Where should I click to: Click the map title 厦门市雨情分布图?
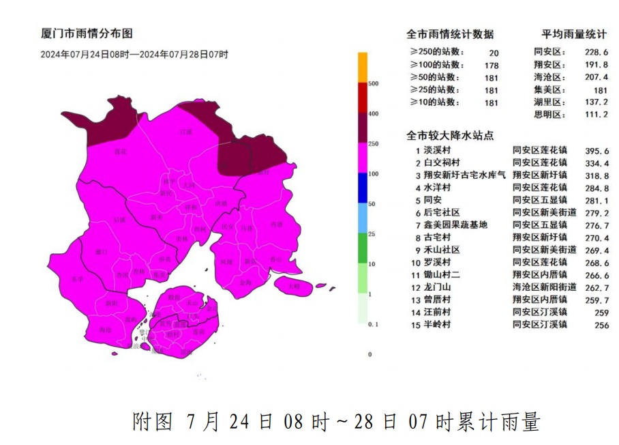click(x=87, y=33)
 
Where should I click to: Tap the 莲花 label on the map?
click(x=120, y=151)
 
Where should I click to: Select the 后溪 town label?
click(x=120, y=219)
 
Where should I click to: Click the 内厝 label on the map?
click(x=276, y=224)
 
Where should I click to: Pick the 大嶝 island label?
click(x=293, y=286)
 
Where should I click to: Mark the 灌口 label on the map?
click(x=102, y=252)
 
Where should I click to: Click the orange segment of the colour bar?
click(x=363, y=68)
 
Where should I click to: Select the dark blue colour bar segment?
click(x=363, y=188)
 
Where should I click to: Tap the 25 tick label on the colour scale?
click(x=372, y=233)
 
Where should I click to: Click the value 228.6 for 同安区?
click(x=592, y=52)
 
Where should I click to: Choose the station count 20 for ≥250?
click(x=494, y=53)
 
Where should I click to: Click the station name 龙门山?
click(x=437, y=287)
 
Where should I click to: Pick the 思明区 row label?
click(x=550, y=114)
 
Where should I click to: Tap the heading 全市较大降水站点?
click(x=451, y=134)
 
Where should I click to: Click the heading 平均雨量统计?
click(x=574, y=34)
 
